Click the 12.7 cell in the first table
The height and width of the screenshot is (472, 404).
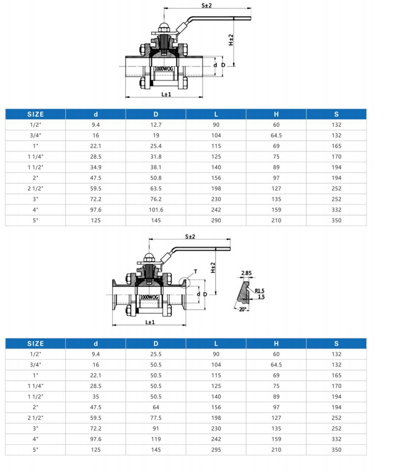tap(156, 125)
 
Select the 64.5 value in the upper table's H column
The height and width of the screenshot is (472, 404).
tap(276, 135)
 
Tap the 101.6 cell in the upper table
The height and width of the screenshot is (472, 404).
tap(156, 210)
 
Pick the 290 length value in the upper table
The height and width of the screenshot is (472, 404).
tap(216, 220)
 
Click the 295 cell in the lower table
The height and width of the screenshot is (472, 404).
tap(216, 450)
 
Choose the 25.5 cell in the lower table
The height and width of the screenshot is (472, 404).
tap(156, 354)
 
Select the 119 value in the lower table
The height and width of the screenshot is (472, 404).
tap(156, 439)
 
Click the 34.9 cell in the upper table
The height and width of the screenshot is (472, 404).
tap(96, 167)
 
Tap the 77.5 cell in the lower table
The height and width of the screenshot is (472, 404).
tap(156, 418)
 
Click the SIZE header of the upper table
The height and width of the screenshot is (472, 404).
tap(35, 114)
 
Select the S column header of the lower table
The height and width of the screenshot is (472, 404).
tap(336, 344)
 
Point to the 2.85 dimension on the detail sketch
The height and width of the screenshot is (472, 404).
tap(246, 273)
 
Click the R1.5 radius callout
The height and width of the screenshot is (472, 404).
tap(260, 291)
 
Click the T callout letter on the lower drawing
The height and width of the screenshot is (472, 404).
tap(195, 272)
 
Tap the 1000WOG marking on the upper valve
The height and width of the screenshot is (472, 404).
tap(164, 68)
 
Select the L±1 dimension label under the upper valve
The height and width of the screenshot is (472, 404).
tap(166, 94)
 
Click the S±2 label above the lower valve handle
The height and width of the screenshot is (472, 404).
tap(190, 237)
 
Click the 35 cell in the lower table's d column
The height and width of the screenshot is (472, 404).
tap(96, 397)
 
